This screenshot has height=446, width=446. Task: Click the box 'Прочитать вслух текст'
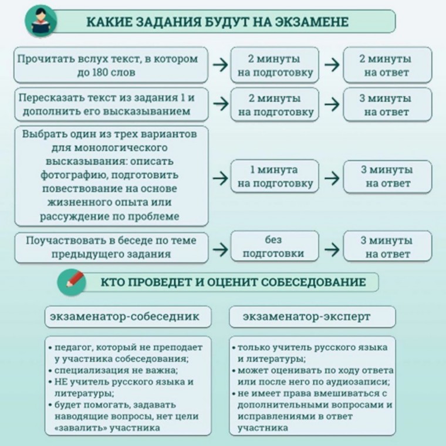[x=111, y=66]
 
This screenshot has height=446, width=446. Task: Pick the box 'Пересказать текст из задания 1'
[x=111, y=104]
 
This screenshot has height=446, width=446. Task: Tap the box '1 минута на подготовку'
[x=274, y=177]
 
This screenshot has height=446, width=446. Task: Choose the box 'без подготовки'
[x=274, y=246]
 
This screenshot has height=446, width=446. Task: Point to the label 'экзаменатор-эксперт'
[x=307, y=317]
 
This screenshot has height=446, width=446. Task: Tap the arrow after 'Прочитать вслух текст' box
[x=220, y=65]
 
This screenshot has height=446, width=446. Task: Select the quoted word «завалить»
[x=76, y=428]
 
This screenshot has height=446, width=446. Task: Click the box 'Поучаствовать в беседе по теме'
[x=111, y=247]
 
